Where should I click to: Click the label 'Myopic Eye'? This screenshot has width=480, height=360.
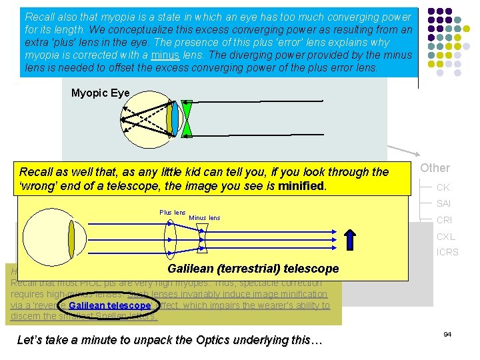pos(100,93)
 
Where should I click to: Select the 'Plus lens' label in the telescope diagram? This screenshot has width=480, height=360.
pos(172,213)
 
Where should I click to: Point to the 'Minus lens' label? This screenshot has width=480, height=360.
pos(204,218)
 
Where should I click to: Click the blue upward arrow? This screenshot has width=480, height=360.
pos(351,241)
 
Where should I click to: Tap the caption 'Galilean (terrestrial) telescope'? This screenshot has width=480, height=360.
pos(253,269)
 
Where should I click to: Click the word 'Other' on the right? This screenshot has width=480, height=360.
pos(435,168)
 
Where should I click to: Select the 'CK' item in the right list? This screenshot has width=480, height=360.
pos(443,188)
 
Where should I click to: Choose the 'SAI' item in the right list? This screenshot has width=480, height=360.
pos(444,204)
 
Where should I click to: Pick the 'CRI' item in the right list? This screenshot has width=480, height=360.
pos(444,220)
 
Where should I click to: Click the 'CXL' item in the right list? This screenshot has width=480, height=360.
pos(445,237)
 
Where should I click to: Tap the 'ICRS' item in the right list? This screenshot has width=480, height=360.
pos(447,253)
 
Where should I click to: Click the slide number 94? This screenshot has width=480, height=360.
pos(447,333)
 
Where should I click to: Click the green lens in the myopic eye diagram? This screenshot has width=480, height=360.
pos(187,119)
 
